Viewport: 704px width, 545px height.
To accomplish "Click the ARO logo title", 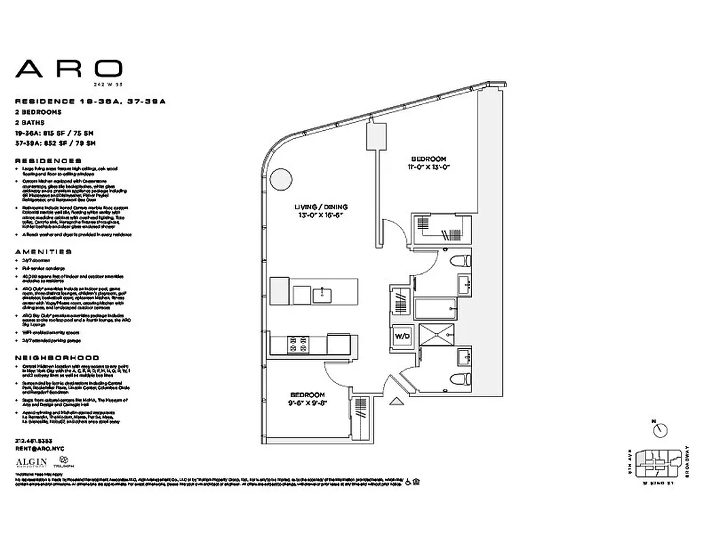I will tap(69, 68).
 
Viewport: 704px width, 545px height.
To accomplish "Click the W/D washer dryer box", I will tap(401, 336).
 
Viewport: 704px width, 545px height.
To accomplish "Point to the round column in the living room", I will tap(279, 181).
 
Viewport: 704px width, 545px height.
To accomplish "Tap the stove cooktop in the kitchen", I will tap(298, 344).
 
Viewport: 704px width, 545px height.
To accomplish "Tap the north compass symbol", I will tap(658, 429).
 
